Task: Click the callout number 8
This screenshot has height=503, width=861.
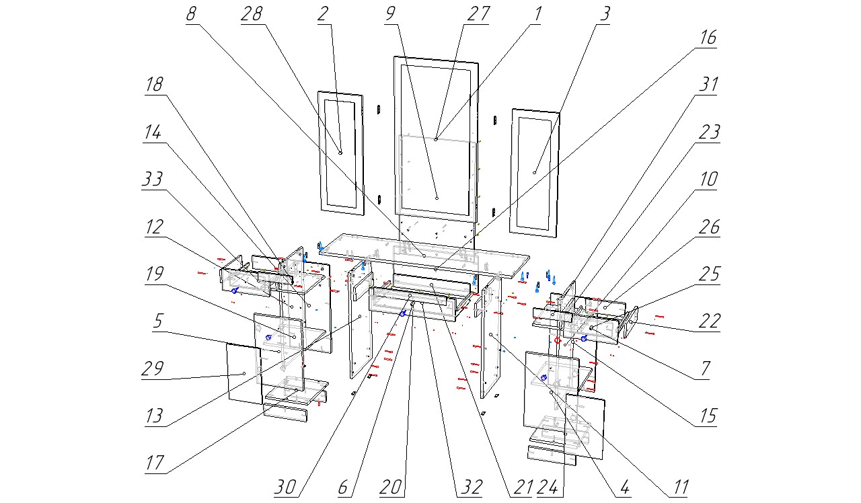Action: tap(192, 15)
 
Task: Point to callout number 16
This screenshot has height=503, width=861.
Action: tap(708, 38)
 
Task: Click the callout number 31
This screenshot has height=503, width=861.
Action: tap(708, 85)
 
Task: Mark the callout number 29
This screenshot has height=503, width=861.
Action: tap(153, 370)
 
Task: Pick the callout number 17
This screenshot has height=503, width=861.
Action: tap(155, 464)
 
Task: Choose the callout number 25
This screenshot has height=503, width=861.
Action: tap(708, 275)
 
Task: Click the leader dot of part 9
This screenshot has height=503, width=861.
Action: tap(437, 198)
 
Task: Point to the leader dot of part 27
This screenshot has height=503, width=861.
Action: tap(436, 139)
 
